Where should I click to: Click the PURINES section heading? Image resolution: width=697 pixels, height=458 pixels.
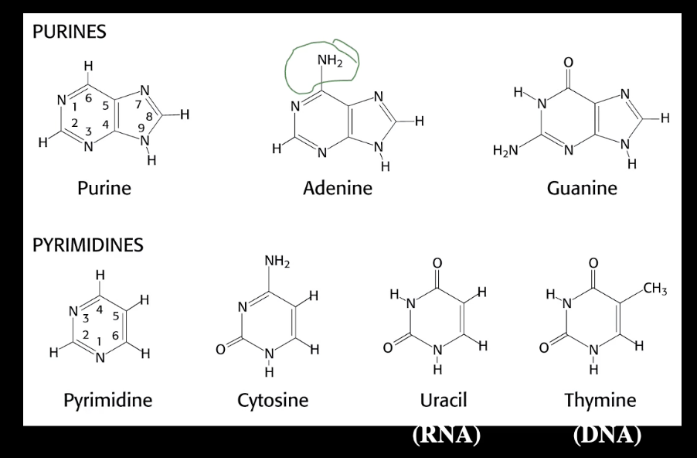(69, 33)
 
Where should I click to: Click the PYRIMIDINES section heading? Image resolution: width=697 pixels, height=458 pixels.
(87, 245)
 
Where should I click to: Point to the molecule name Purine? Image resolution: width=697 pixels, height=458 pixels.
(104, 187)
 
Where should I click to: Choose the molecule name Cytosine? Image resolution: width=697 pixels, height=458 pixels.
(272, 400)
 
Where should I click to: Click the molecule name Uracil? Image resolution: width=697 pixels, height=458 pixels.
(444, 400)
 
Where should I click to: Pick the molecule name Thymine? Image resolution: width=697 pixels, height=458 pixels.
(600, 400)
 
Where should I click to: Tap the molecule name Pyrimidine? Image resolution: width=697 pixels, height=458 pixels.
(107, 400)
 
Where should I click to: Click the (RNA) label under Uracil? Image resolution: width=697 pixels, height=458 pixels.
(447, 436)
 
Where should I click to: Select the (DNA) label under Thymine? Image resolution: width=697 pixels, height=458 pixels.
(607, 436)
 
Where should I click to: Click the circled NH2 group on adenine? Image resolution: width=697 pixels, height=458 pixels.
(330, 60)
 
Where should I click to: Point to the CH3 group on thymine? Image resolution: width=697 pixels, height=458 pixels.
(654, 289)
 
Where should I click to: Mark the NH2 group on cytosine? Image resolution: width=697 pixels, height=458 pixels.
(276, 261)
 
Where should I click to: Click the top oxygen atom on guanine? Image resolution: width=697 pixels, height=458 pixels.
(570, 61)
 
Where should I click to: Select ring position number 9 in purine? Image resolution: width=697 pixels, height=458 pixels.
(141, 127)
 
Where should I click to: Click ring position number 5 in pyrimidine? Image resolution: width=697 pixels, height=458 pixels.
(116, 315)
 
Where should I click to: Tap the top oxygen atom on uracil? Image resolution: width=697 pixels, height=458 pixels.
(437, 264)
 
